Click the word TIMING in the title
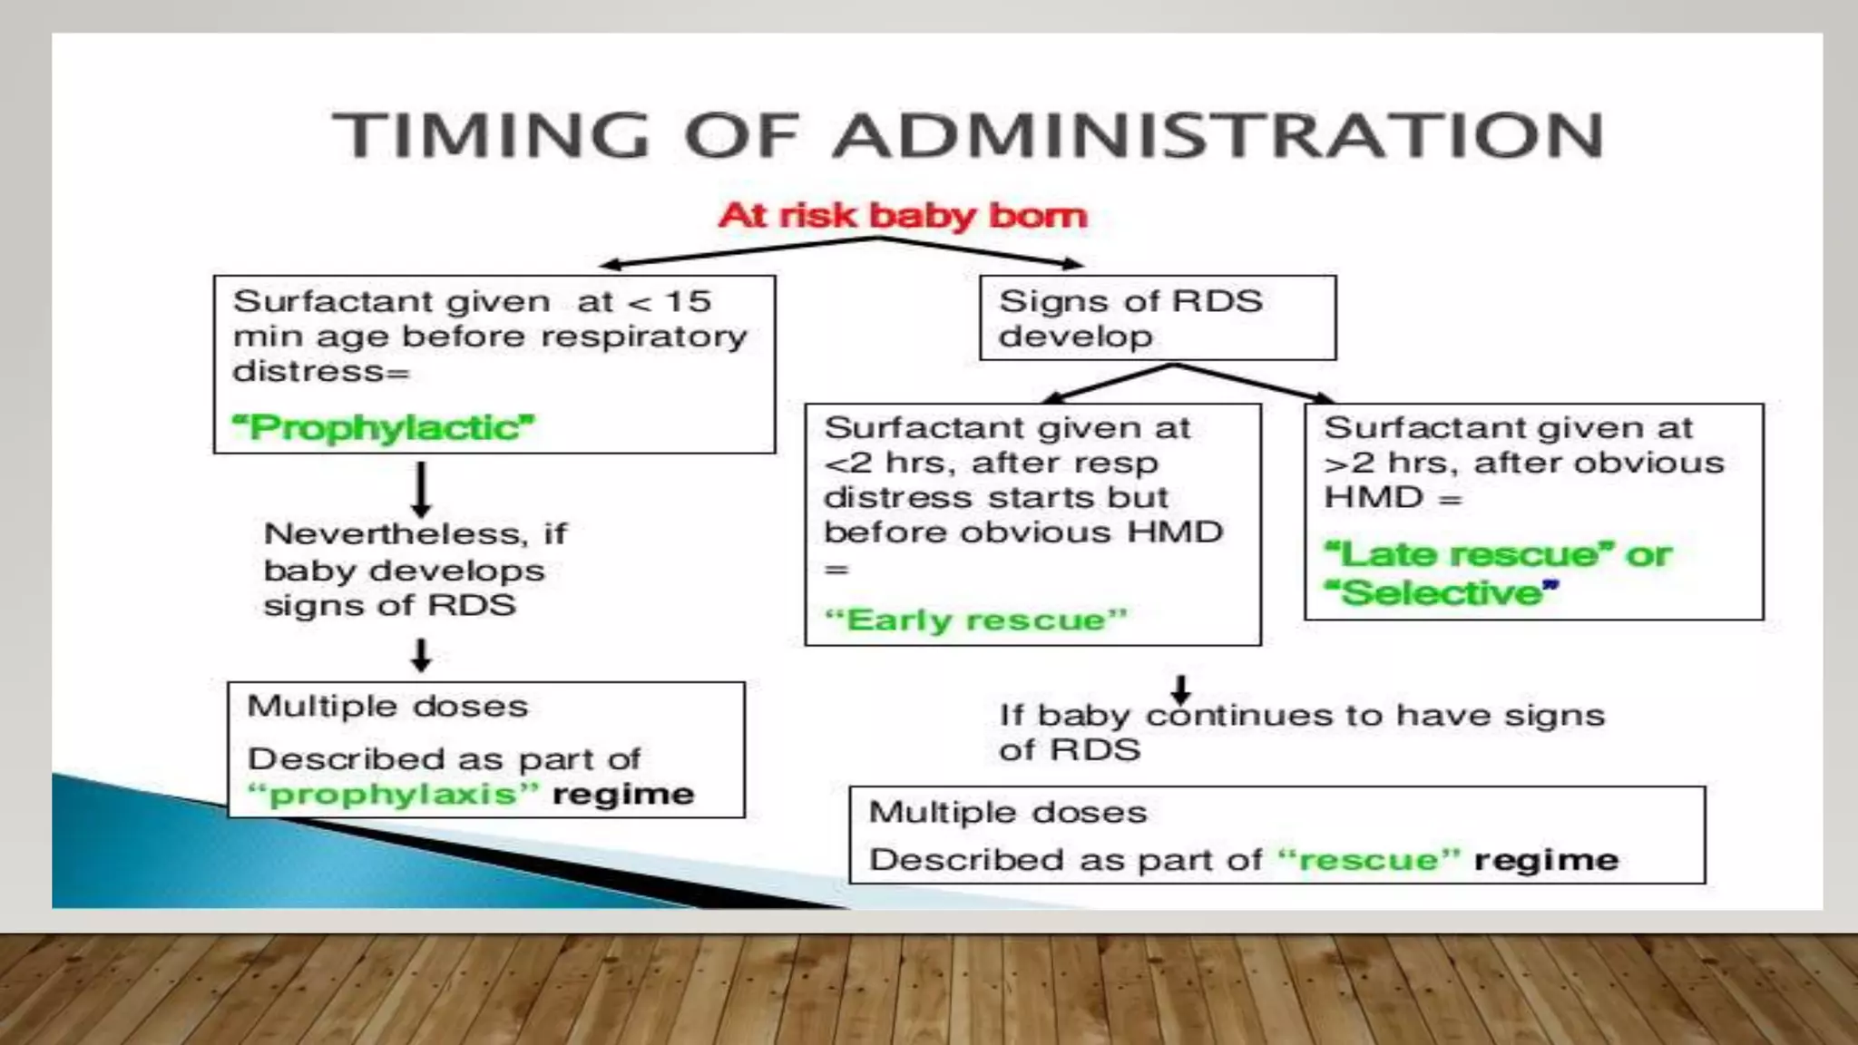point(491,136)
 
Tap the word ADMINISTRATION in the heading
point(1217,136)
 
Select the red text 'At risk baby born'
point(903,216)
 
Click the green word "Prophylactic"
point(385,427)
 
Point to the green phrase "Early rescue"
point(975,620)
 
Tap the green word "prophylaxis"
point(393,795)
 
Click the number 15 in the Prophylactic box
point(688,301)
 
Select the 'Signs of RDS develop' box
point(1158,318)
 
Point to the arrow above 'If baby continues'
point(1180,689)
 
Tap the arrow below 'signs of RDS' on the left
point(421,654)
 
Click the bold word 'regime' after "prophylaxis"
point(623,795)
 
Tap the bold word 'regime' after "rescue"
point(1546,860)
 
